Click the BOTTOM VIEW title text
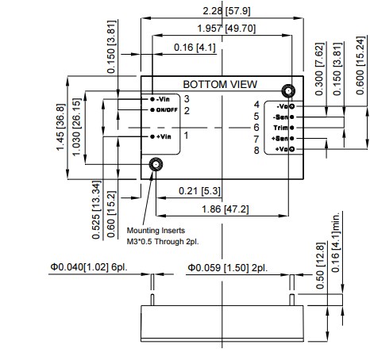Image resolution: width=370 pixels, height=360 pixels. [217, 84]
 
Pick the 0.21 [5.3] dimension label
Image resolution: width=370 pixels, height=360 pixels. [199, 191]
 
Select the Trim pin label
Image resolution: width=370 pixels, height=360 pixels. [281, 127]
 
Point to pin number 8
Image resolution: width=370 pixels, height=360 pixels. [256, 149]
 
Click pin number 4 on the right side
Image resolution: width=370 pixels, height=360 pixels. [256, 104]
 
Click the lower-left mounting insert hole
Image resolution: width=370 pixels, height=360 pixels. [156, 164]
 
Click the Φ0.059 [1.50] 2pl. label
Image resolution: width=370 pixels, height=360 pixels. [228, 268]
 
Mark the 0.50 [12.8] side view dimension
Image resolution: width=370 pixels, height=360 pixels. [321, 276]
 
